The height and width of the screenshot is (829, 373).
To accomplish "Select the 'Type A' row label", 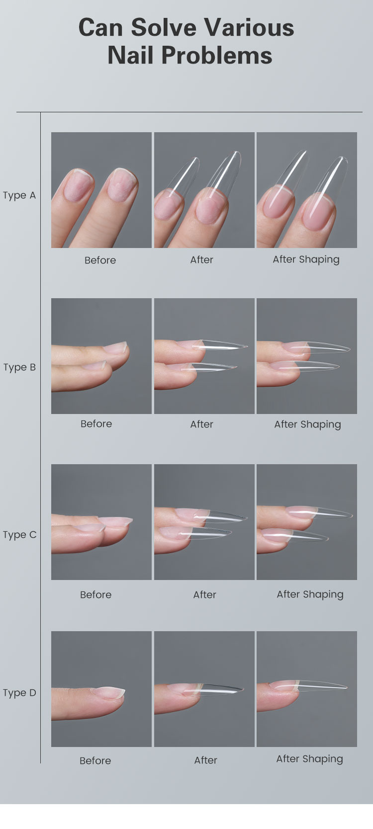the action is (19, 195).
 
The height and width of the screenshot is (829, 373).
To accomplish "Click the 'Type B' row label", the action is (19, 367).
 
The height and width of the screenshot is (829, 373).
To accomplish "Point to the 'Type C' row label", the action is (19, 535).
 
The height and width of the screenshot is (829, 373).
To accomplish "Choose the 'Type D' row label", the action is (19, 693).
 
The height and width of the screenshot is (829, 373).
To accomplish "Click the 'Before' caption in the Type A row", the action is (100, 260).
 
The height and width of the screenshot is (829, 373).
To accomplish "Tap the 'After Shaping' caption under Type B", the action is (307, 424).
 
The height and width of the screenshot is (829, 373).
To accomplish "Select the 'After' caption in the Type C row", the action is (204, 595).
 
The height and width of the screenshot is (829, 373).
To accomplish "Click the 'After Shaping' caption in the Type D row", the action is (310, 759).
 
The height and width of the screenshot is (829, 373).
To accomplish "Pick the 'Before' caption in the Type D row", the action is (95, 760).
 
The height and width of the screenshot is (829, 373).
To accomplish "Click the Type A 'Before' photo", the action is (101, 190).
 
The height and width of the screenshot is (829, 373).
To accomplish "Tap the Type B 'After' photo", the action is (204, 356).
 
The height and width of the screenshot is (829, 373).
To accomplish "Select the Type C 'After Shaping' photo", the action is (307, 522).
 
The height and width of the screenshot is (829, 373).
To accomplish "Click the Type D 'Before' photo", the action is (101, 689).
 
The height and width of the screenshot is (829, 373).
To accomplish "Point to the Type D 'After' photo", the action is (204, 689).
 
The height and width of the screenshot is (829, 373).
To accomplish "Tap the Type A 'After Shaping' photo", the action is (307, 190).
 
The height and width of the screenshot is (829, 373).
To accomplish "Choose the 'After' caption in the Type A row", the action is (201, 260).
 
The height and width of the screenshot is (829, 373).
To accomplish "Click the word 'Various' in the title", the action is (249, 28).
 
